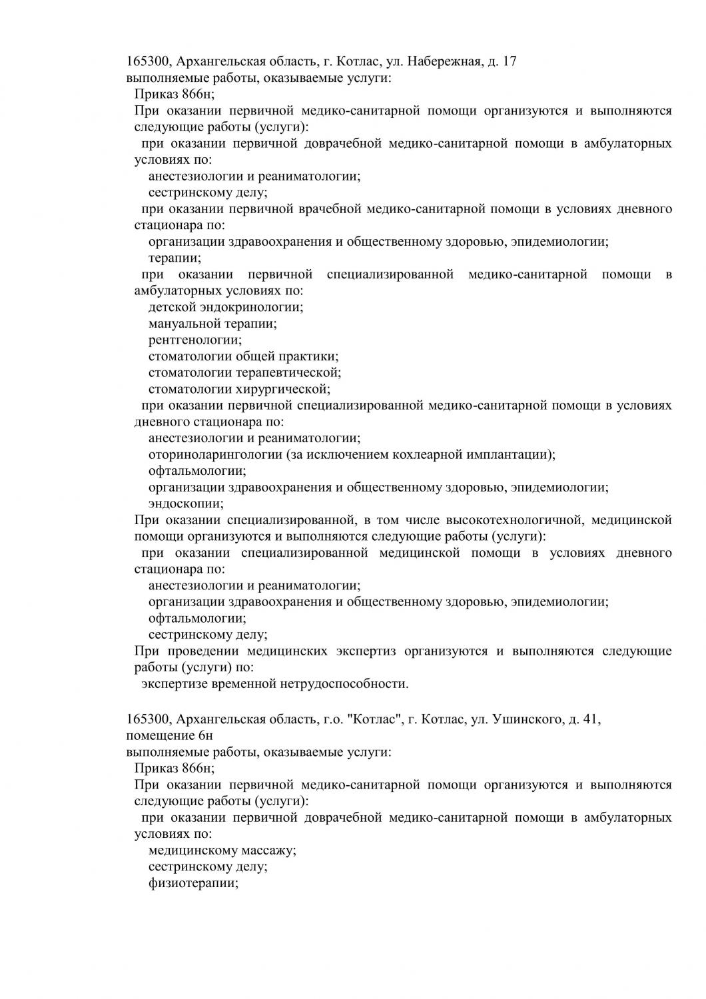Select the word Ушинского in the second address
(525, 719)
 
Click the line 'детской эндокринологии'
(225, 307)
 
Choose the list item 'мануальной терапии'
(212, 324)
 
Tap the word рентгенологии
(194, 340)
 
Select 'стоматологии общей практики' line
(242, 356)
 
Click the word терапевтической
(287, 372)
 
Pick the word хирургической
(282, 389)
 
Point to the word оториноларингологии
(215, 454)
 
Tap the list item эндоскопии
(185, 503)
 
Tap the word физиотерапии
(192, 883)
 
